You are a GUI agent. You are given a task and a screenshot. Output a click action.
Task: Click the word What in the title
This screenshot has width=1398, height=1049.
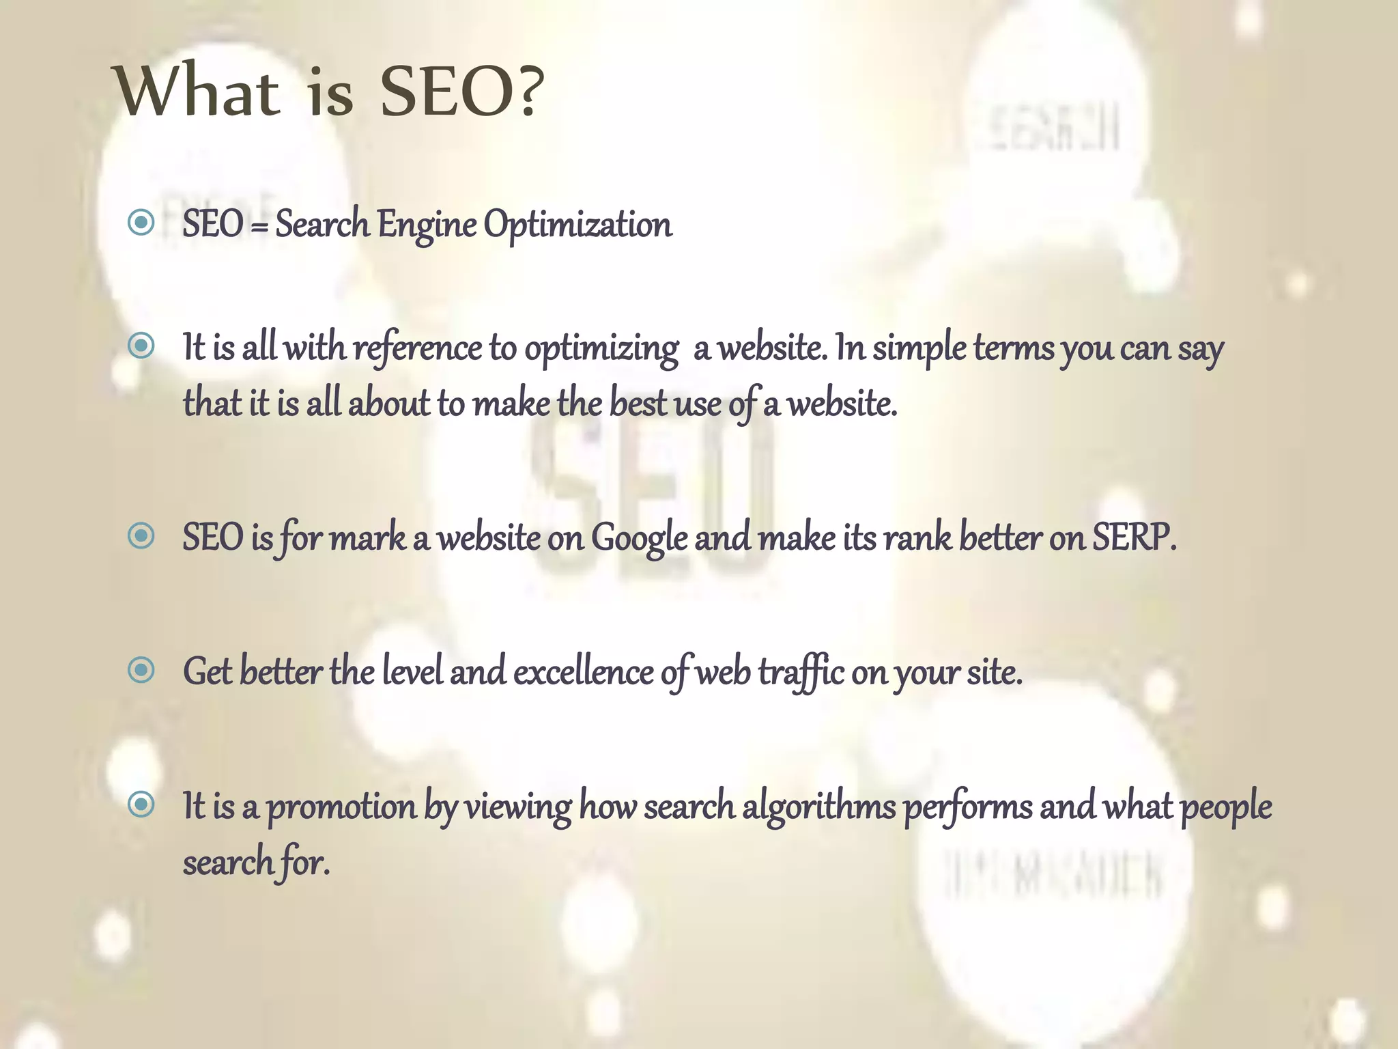[x=199, y=91]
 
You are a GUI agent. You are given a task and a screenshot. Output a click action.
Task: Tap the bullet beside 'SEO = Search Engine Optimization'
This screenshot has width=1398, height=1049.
[x=141, y=222]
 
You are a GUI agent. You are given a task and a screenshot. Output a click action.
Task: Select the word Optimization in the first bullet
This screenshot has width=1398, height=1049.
[x=577, y=225]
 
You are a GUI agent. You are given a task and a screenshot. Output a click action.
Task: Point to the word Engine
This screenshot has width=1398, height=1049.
[x=427, y=225]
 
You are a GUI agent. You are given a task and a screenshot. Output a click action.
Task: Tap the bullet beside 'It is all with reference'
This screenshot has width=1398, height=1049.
[x=141, y=346]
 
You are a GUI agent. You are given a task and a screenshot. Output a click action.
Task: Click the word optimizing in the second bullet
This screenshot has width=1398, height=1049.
[x=601, y=349]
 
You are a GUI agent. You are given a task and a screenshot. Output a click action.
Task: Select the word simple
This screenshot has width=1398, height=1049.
[x=919, y=349]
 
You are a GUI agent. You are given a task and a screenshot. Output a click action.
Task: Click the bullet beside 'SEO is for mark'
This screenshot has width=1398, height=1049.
[x=141, y=536]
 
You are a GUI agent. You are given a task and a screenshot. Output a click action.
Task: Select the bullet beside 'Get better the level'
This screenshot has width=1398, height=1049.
[x=141, y=670]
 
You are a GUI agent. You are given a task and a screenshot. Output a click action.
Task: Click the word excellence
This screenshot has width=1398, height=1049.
[x=583, y=672]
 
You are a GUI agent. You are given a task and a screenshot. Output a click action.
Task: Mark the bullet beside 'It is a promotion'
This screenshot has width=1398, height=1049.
[x=141, y=804]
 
